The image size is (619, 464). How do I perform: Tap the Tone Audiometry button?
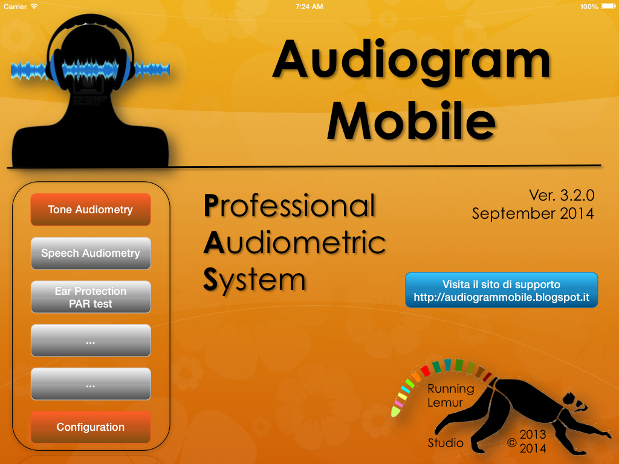coord(91,210)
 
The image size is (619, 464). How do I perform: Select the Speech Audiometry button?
coord(91,253)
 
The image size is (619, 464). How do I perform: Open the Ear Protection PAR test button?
coord(91,297)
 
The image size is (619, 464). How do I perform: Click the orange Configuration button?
coord(91,427)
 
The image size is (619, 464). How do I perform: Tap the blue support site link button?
coord(501,291)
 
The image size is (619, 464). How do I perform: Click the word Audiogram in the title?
coord(411,60)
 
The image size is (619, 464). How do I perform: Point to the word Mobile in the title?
coord(411,121)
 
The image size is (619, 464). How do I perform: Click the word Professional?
coord(290,206)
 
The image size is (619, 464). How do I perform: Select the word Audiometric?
coord(294,243)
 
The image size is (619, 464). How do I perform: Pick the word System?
coord(254,280)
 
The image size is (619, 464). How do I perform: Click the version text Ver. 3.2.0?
coord(562,195)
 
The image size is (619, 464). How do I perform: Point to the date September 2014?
coord(533,213)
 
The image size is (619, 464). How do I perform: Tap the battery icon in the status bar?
coord(608,7)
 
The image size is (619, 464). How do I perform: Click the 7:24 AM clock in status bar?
coord(309,7)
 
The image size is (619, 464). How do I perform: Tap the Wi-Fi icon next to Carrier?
coord(34,7)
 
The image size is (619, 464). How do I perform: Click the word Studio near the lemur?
coord(446,443)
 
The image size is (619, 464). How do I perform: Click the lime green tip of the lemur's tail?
coord(395,412)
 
